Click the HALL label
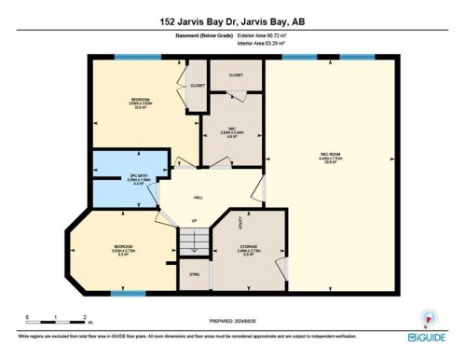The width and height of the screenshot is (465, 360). click(198, 198)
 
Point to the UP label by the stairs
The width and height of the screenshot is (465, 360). click(194, 220)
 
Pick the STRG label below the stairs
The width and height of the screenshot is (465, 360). click(194, 274)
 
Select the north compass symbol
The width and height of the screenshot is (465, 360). click(428, 317)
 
